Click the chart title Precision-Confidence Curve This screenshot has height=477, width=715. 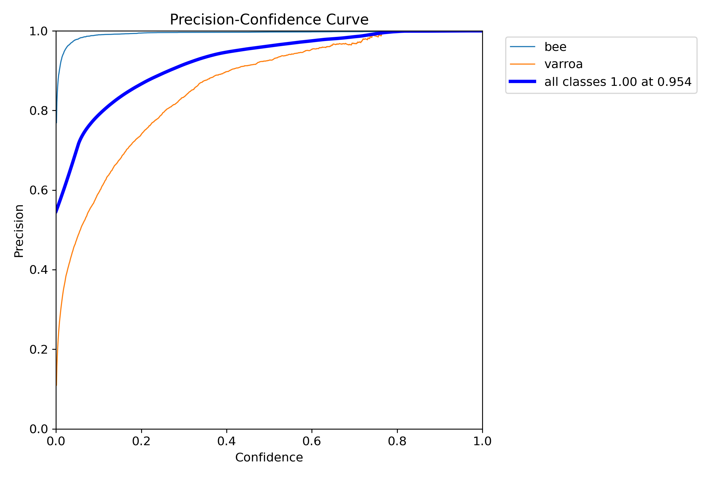[269, 20]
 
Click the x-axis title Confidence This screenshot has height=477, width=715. [269, 457]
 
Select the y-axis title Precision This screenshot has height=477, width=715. [19, 231]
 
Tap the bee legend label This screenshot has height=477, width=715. [555, 47]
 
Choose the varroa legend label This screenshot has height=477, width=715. [563, 64]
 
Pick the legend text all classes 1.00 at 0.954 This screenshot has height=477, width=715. [618, 82]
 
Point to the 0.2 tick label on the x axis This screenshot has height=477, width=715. [141, 441]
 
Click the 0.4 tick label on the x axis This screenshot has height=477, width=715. [226, 441]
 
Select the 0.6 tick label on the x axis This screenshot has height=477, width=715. [312, 441]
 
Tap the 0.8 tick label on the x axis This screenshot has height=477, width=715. [397, 441]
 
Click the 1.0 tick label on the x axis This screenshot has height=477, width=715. [482, 441]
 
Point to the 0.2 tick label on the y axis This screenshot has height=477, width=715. [38, 349]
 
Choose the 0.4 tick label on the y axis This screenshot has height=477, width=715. [38, 270]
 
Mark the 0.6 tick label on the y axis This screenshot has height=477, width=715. [38, 190]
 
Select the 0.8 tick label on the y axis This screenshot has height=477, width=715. [38, 111]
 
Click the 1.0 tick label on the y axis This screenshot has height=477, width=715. [38, 31]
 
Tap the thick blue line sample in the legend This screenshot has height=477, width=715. [522, 82]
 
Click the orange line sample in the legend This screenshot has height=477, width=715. [522, 64]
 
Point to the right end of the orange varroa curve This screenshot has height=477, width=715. [381, 35]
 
